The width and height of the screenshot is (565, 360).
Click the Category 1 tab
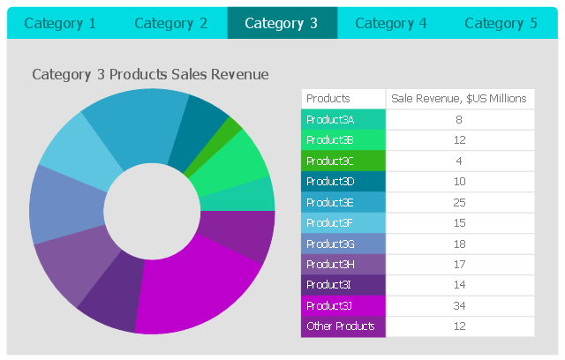(60, 24)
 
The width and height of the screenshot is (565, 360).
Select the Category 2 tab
(171, 24)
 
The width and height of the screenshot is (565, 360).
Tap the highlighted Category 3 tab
(282, 24)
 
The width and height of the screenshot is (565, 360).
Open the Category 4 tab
(391, 24)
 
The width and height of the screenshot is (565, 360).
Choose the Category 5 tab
(501, 24)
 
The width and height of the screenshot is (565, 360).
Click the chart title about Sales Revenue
(150, 75)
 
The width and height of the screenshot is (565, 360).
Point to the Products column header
(328, 99)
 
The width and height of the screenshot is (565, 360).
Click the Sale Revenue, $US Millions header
(459, 99)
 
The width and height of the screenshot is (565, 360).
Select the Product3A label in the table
(330, 120)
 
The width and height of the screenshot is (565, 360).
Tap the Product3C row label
(330, 161)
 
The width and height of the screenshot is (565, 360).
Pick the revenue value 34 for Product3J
(459, 306)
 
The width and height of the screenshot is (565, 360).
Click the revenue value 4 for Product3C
(459, 161)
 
